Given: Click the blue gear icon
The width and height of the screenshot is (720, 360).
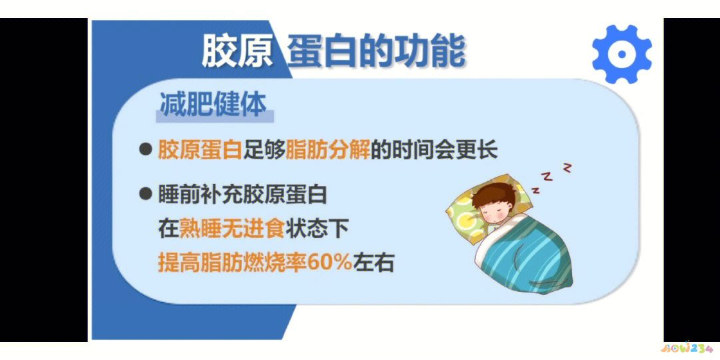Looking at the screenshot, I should (621, 54).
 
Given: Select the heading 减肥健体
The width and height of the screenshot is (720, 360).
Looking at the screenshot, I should (213, 105).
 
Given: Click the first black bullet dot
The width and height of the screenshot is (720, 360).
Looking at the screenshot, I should (145, 149).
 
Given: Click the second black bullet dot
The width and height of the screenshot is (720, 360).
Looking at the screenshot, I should (145, 194).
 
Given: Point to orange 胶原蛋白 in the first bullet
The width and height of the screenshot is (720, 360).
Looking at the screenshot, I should (199, 149).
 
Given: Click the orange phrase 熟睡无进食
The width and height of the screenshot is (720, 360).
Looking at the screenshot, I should (232, 229).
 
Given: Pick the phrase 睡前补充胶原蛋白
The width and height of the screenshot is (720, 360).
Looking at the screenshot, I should (243, 195).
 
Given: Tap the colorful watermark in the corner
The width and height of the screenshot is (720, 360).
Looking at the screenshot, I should (687, 348).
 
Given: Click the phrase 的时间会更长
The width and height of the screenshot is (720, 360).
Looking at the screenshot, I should (434, 149).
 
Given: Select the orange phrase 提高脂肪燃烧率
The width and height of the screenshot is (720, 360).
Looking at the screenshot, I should (232, 263).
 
